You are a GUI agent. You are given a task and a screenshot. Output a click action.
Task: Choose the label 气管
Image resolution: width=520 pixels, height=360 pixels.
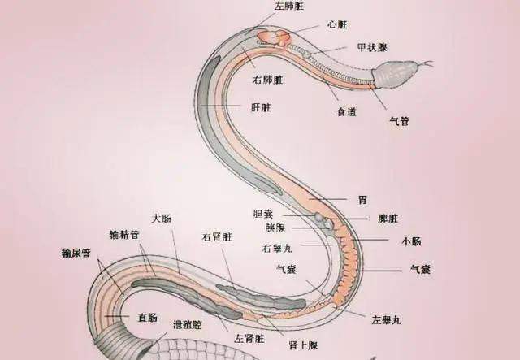400,121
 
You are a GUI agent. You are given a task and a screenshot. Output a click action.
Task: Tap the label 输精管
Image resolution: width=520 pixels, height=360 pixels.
124,235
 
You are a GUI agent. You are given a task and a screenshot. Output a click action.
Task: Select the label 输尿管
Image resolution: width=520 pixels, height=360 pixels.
76,253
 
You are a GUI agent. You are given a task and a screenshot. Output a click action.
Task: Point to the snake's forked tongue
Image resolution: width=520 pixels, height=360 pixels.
424,63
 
